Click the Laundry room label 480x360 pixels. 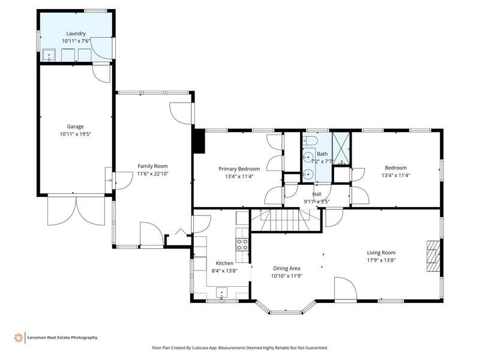[76, 34]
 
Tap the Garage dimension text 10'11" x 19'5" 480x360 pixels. [76, 134]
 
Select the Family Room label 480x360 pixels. [152, 166]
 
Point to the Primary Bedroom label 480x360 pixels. [239, 169]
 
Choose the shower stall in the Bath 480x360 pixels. [341, 148]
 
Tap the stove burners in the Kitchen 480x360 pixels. [242, 245]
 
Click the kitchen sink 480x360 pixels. [221, 292]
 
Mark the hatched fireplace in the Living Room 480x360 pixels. [433, 256]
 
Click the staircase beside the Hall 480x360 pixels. [280, 220]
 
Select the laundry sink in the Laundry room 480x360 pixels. [49, 55]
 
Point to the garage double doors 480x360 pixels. [76, 211]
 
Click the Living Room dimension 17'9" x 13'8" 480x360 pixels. [381, 260]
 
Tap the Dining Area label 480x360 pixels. [287, 268]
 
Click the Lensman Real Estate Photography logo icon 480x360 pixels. [19, 338]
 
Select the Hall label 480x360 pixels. [317, 194]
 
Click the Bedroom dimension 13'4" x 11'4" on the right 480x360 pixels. [396, 175]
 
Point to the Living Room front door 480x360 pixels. [346, 290]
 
